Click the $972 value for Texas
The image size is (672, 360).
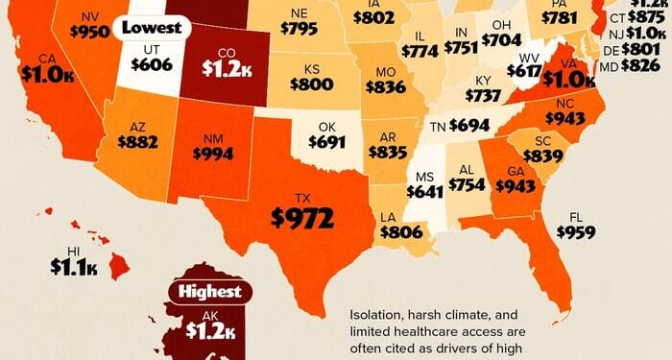click(301, 217)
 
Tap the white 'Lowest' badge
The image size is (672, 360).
click(149, 27)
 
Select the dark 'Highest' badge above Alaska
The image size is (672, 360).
click(210, 291)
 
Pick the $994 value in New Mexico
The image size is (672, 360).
click(214, 153)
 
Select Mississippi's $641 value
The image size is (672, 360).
click(425, 191)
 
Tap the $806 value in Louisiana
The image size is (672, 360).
click(401, 231)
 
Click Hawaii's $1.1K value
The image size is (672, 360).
click(74, 262)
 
